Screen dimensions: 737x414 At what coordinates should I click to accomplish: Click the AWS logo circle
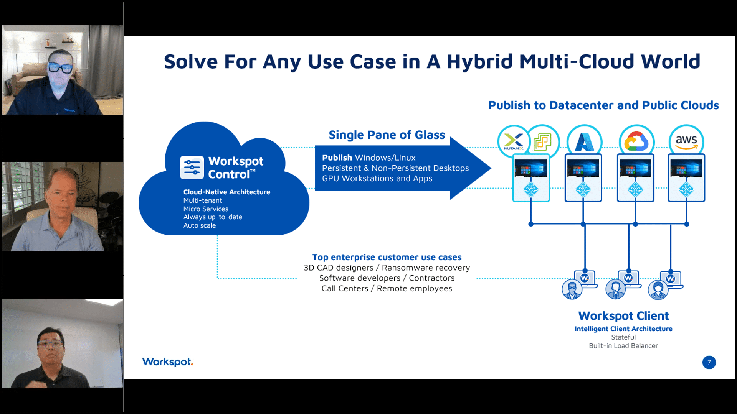tap(686, 141)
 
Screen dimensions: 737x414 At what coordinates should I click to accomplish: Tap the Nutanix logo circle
tap(514, 141)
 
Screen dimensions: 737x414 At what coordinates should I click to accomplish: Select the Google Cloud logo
tap(636, 141)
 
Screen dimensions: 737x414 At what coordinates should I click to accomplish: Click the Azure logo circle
tap(584, 141)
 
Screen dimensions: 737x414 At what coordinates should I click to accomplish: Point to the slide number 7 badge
tap(709, 362)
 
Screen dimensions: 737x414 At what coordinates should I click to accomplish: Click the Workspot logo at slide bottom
tap(168, 362)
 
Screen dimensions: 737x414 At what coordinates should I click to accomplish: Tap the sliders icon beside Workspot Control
tap(192, 168)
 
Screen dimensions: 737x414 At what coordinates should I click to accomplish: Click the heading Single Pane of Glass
tap(387, 135)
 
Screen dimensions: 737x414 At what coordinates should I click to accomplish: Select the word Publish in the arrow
tap(337, 158)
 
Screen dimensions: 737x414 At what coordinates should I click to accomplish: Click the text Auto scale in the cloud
tap(200, 225)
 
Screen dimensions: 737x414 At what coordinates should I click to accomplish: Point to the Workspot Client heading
tap(623, 316)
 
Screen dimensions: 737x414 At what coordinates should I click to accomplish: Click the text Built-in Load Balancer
tap(623, 346)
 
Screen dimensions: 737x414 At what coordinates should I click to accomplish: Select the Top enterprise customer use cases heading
tap(387, 257)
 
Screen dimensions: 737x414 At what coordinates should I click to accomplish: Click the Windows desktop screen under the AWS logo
tap(686, 168)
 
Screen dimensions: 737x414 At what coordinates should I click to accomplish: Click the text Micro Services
tap(206, 209)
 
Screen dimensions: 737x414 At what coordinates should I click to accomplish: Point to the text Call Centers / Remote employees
tap(387, 288)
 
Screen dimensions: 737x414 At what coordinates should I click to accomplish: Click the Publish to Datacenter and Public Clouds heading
tap(603, 105)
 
